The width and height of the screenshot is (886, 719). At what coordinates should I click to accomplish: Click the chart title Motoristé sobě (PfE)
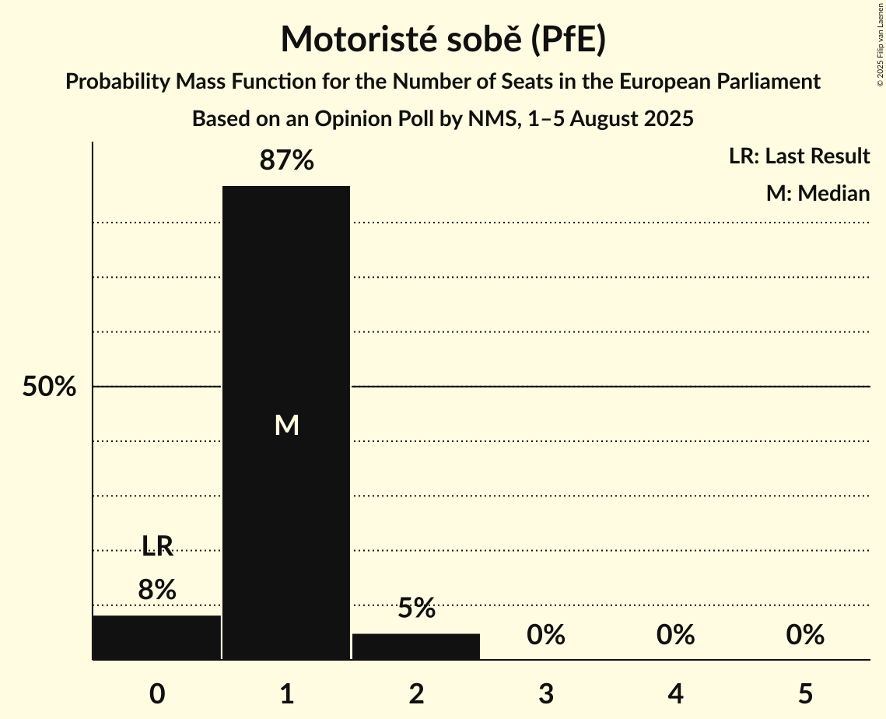(443, 39)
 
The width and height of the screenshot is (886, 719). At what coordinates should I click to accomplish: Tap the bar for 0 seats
(157, 637)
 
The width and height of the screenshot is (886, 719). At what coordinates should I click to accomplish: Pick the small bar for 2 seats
(416, 647)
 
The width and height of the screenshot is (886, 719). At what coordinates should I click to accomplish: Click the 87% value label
(287, 161)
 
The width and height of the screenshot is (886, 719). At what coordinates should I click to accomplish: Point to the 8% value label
(157, 590)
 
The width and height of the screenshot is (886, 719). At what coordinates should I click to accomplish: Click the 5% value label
(416, 609)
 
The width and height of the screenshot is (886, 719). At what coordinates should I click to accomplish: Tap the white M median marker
(287, 425)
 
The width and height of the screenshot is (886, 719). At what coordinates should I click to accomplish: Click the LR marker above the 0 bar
(157, 546)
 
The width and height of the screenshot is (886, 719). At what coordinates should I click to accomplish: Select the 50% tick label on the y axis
(49, 387)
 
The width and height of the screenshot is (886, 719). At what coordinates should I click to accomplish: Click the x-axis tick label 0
(157, 693)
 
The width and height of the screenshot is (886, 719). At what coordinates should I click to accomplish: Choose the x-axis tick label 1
(287, 693)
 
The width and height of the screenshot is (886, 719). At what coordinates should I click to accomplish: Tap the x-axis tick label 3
(546, 693)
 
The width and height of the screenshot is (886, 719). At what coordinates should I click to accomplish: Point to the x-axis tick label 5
(805, 693)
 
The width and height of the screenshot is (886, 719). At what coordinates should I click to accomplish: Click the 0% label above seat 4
(675, 636)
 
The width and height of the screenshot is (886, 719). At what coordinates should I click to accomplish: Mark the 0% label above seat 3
(546, 636)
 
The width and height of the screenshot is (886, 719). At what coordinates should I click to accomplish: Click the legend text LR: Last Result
(799, 156)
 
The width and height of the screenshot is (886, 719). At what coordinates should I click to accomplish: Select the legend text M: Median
(818, 193)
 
